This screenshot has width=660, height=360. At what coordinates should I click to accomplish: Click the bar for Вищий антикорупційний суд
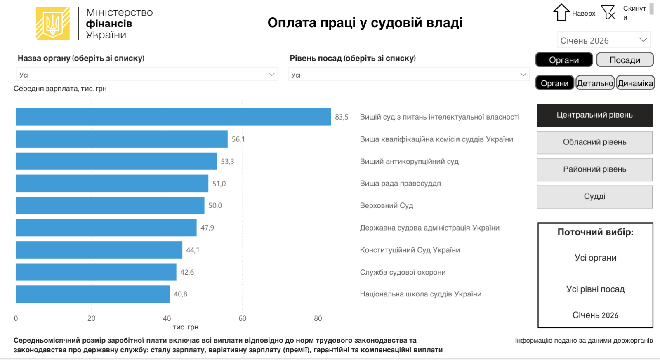[116, 161]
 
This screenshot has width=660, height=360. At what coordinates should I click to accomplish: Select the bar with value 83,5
[173, 117]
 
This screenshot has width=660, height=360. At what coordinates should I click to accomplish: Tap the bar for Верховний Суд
[110, 205]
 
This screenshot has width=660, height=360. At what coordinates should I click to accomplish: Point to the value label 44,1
[193, 250]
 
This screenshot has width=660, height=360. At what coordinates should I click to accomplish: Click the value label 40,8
[180, 294]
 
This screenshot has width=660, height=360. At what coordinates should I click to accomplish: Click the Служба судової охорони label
[403, 272]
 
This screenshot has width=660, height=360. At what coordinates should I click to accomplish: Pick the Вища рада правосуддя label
[400, 184]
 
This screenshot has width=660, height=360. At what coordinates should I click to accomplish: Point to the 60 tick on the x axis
[243, 318]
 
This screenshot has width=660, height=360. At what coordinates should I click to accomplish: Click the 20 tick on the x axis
[91, 318]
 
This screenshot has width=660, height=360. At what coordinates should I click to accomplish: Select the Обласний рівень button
[594, 142]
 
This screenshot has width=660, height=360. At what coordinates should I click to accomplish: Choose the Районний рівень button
[594, 169]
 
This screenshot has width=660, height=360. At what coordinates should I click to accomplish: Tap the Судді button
[594, 197]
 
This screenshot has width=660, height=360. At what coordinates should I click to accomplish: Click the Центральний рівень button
[594, 115]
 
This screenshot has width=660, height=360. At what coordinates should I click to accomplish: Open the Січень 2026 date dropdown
[603, 40]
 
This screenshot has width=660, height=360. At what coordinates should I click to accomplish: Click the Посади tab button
[625, 60]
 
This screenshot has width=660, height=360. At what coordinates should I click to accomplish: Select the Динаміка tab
[635, 83]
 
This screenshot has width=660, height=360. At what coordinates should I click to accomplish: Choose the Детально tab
[595, 83]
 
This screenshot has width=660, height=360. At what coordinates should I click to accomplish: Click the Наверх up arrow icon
[561, 12]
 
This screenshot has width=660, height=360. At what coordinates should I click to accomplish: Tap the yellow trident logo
[53, 24]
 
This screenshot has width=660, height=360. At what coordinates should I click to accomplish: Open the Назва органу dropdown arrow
[271, 75]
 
